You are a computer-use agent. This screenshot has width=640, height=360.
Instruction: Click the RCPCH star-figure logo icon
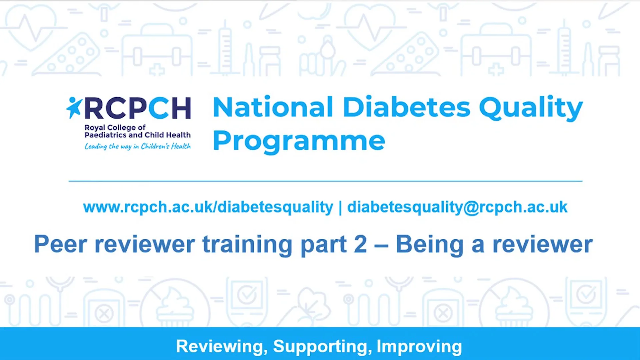(x=74, y=107)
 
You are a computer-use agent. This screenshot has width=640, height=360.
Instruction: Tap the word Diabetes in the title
(x=406, y=107)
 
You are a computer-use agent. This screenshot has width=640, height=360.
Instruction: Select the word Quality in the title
(x=531, y=108)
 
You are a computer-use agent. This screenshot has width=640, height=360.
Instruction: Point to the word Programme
(x=299, y=141)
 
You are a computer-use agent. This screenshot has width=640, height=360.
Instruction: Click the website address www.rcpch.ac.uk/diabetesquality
(x=208, y=207)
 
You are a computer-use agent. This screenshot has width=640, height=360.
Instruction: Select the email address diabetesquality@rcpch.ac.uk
(x=457, y=207)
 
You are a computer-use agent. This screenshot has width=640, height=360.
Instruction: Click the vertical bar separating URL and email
(x=340, y=208)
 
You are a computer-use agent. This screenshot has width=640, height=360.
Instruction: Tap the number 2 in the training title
(x=360, y=244)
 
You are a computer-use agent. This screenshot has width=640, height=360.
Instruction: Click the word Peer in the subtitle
(x=60, y=244)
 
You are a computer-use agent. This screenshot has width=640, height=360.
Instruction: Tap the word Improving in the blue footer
(x=419, y=347)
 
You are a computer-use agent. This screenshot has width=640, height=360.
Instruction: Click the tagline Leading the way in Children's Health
(x=137, y=146)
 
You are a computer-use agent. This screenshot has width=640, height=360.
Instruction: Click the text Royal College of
(x=115, y=127)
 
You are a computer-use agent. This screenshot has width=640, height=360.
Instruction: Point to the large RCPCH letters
(x=138, y=108)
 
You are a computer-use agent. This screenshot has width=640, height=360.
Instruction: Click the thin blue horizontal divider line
(x=325, y=181)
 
